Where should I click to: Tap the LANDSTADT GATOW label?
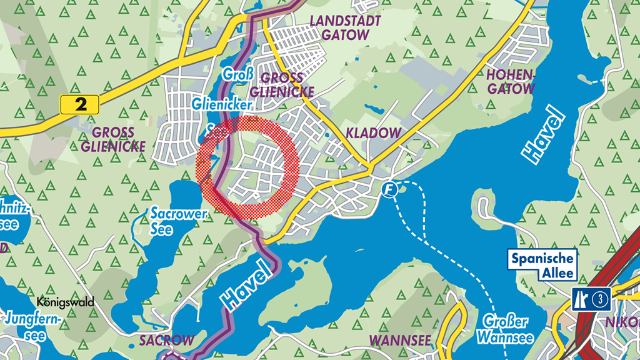point(340,28)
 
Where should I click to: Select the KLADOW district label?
point(372,133)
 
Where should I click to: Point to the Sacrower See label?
point(171,220)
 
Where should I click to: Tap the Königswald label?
point(66,302)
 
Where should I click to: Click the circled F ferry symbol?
point(391,189)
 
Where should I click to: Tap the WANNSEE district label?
point(401,341)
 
